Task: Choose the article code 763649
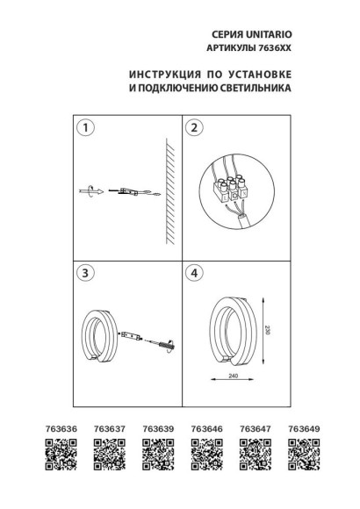(x=301, y=430)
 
